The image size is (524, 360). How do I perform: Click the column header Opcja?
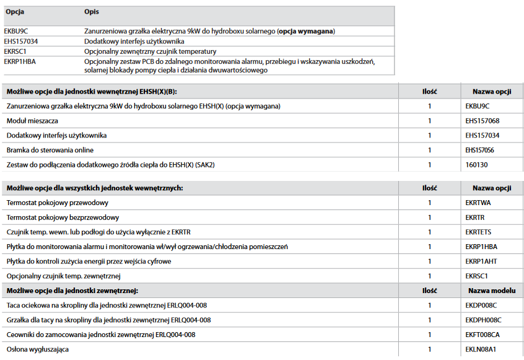[14, 12]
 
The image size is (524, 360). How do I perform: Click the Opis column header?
[92, 12]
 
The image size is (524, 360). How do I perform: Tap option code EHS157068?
[482, 121]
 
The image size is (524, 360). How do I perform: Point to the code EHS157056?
[482, 150]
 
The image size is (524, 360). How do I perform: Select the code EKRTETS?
[478, 232]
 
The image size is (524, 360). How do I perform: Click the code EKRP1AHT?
[481, 261]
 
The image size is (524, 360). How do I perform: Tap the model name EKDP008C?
[481, 305]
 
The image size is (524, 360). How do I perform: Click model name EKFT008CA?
[483, 335]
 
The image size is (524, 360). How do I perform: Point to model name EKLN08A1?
[481, 349]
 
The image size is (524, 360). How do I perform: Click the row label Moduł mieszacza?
[32, 121]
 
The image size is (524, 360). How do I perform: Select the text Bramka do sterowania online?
[50, 150]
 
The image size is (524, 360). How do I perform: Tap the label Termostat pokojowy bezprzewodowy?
[63, 217]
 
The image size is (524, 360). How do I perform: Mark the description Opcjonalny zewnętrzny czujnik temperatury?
[151, 51]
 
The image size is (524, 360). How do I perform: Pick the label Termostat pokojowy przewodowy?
[58, 203]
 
